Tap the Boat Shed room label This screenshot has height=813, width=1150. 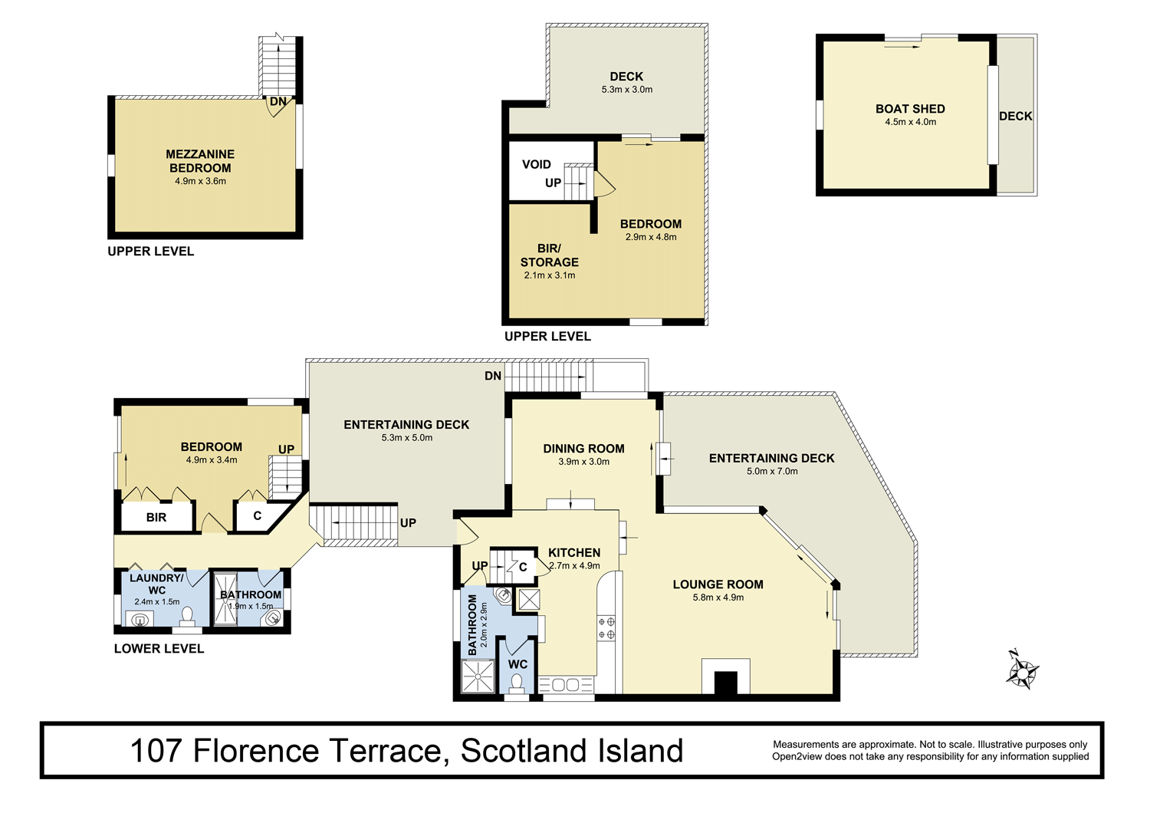pos(910,109)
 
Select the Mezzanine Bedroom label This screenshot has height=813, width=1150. pos(200,161)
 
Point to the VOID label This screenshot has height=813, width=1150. pos(537,164)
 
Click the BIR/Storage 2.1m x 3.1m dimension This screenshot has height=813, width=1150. pos(550,275)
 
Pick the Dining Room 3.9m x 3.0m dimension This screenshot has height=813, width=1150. pos(583,462)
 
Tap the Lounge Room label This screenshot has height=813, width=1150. pos(718,584)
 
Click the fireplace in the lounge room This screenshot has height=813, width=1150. pos(726,676)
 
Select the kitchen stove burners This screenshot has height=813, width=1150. pos(606,628)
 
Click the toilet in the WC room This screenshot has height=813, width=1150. pos(517,683)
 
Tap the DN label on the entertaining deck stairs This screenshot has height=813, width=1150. pos(493,376)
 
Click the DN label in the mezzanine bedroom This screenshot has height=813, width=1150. pos(278,102)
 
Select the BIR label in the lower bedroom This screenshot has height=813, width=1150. pos(156,517)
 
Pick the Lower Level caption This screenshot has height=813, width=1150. pos(159,649)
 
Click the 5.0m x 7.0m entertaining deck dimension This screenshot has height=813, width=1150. pos(772,472)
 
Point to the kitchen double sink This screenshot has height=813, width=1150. pos(565,685)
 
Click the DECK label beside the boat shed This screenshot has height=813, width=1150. pos(1016,116)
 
